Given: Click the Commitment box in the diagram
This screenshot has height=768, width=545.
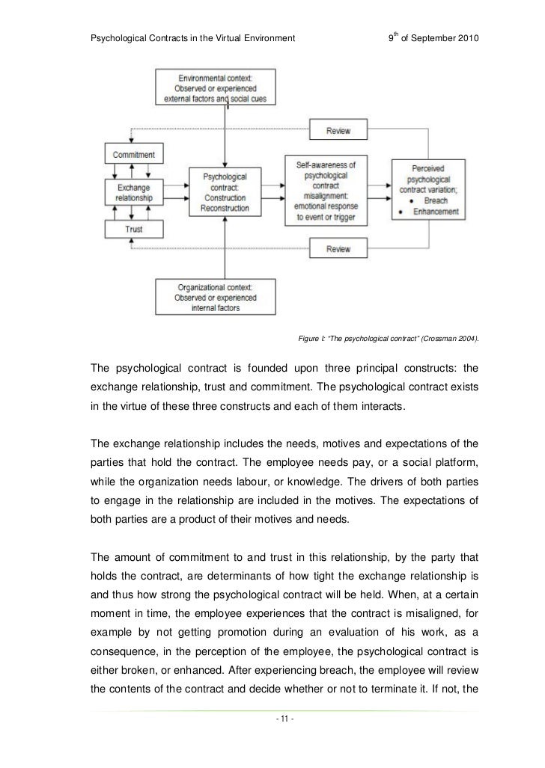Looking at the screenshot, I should click(134, 155).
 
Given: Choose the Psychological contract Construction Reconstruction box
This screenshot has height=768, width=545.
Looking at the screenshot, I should click(225, 192).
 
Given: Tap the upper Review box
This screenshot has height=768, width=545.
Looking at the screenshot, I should click(338, 132).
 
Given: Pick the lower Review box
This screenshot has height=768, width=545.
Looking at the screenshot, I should click(338, 248).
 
